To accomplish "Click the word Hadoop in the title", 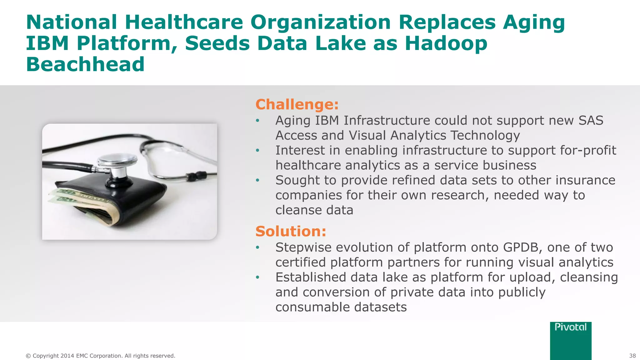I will click(x=446, y=43).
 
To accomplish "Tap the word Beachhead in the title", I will click(x=85, y=64).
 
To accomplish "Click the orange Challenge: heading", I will click(x=297, y=104).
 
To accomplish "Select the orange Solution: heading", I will click(x=291, y=231).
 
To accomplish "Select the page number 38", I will click(x=632, y=356).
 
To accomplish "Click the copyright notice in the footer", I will click(x=100, y=356).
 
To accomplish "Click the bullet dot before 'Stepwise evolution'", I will click(x=257, y=248).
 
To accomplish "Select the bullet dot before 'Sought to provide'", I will click(x=257, y=181).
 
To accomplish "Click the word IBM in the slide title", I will click(x=47, y=43).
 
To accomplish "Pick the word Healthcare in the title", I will click(x=184, y=22).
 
